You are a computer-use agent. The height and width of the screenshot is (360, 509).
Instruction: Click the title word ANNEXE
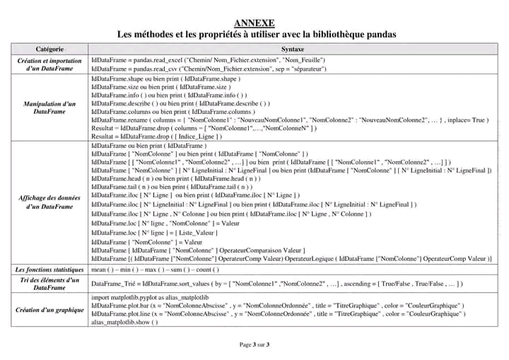click(255, 23)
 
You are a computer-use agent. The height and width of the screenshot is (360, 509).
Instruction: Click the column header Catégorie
click(49, 49)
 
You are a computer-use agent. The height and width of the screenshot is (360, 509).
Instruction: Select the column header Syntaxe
click(293, 49)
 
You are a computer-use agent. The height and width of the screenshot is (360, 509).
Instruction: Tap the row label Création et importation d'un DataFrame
click(49, 65)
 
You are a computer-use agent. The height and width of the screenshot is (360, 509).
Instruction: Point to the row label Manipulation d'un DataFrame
click(49, 108)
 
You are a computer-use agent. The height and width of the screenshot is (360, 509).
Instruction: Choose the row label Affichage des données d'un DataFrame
click(49, 202)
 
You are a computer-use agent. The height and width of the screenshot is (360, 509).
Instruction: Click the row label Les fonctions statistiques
click(49, 269)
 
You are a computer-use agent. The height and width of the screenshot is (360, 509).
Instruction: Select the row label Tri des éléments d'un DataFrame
click(49, 284)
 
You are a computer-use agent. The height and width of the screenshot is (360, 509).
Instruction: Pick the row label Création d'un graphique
click(49, 310)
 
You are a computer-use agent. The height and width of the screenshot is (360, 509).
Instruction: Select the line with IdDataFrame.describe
click(170, 103)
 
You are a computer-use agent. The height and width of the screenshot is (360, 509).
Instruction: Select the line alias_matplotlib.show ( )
click(125, 322)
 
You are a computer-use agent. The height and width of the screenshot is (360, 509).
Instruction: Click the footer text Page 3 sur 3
click(255, 344)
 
